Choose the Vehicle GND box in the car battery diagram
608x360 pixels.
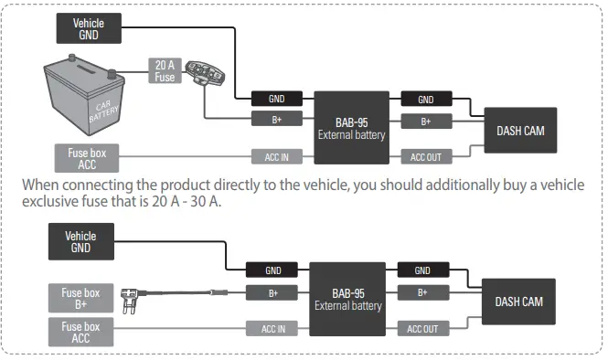coord(87,27)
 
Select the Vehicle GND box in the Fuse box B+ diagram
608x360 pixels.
coord(80,242)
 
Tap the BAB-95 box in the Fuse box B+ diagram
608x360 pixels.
coord(346,299)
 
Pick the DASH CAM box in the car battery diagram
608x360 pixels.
coord(520,131)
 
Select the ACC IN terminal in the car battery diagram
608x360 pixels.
coord(277,157)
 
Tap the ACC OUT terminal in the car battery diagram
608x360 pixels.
coord(426,157)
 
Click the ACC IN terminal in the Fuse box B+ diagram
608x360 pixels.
coord(273,328)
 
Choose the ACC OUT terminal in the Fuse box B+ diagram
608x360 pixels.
coord(421,328)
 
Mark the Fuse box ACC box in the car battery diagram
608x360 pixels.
coord(87,158)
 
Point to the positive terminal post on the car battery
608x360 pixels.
coord(111,72)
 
